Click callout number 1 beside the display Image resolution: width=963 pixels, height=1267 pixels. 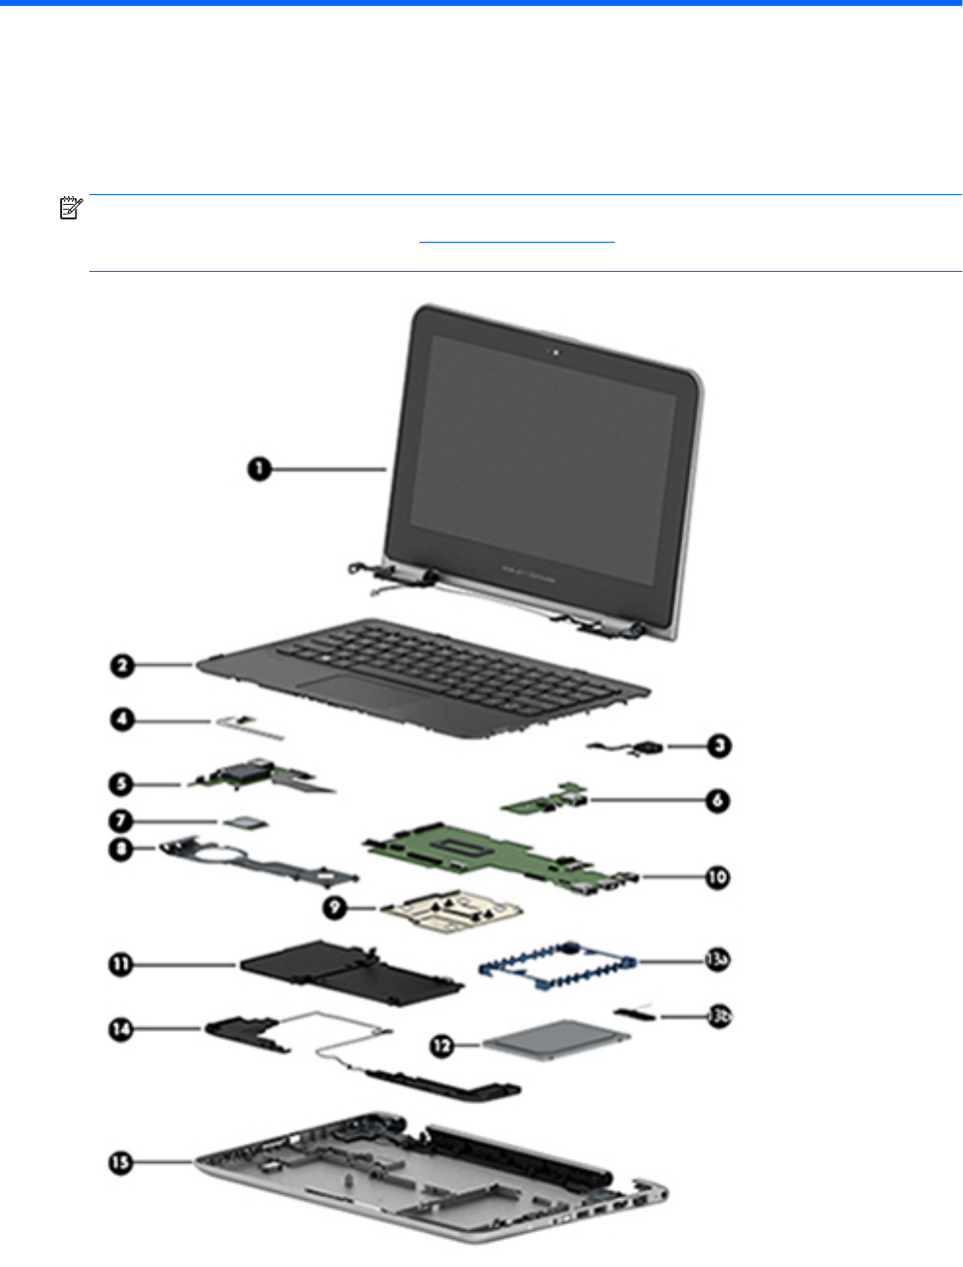click(257, 469)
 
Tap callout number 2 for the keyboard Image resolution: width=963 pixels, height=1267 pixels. click(121, 666)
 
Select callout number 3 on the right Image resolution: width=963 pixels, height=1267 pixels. click(718, 746)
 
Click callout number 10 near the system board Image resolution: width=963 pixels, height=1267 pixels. click(716, 877)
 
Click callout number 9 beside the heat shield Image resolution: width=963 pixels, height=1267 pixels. click(335, 909)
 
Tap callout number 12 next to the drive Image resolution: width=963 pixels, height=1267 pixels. click(443, 1046)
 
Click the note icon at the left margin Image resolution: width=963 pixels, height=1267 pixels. click(70, 208)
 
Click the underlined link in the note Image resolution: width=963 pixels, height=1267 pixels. click(517, 237)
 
